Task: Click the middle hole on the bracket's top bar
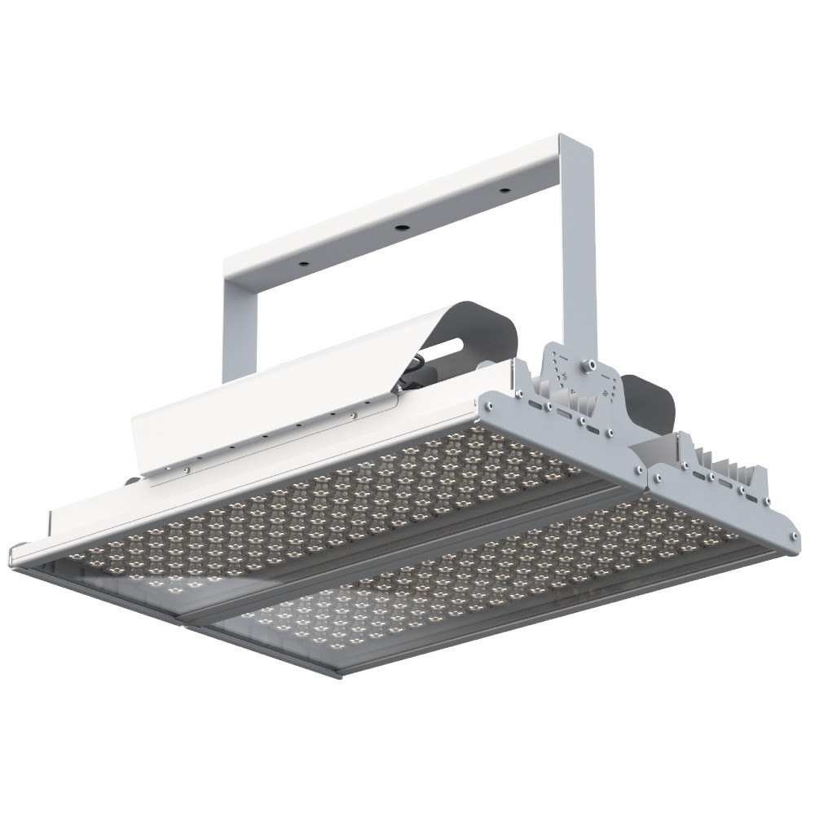click(401, 227)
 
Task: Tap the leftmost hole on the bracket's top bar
click(302, 263)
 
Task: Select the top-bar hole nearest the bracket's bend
click(505, 190)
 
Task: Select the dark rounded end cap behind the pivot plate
click(652, 403)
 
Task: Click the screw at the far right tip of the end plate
click(791, 535)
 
